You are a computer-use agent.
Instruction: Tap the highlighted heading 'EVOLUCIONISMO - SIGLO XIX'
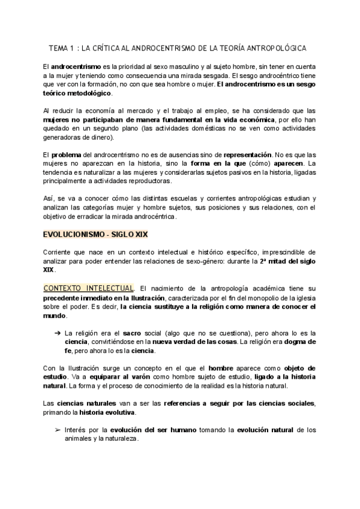pos(95,218)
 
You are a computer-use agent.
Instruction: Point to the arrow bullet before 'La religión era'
pos(57,333)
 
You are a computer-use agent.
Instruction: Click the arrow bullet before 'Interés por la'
pos(57,430)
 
